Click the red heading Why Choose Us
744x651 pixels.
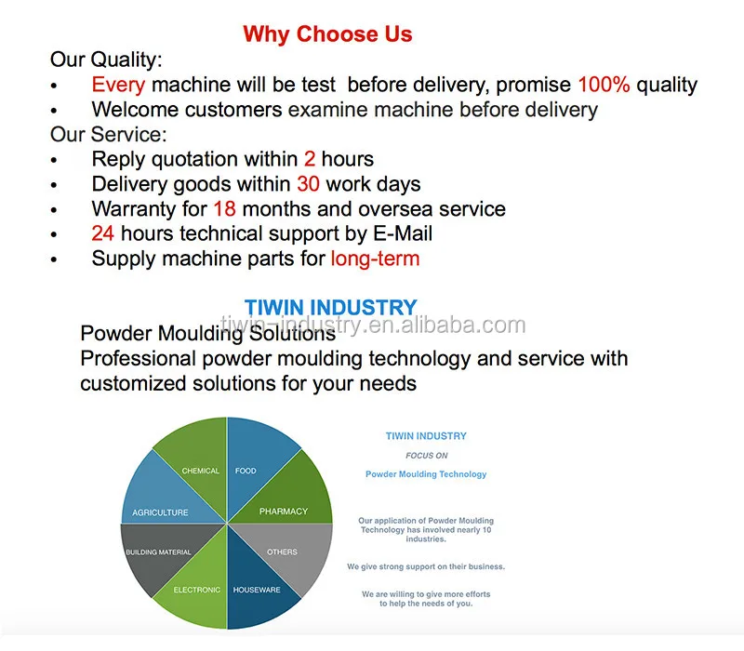(x=327, y=34)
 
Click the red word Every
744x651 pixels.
(x=118, y=85)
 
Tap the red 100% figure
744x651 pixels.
(x=604, y=85)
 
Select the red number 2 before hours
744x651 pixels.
(x=310, y=159)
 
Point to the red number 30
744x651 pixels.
(x=309, y=184)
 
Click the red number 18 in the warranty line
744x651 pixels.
(x=224, y=209)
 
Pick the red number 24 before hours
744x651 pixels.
(x=103, y=234)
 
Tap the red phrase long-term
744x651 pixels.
(x=375, y=259)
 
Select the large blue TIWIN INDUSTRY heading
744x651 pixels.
(x=330, y=308)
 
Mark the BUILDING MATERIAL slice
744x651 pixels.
(x=158, y=553)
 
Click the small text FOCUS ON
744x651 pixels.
(x=427, y=456)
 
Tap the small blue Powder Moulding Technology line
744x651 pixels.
(x=426, y=474)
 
